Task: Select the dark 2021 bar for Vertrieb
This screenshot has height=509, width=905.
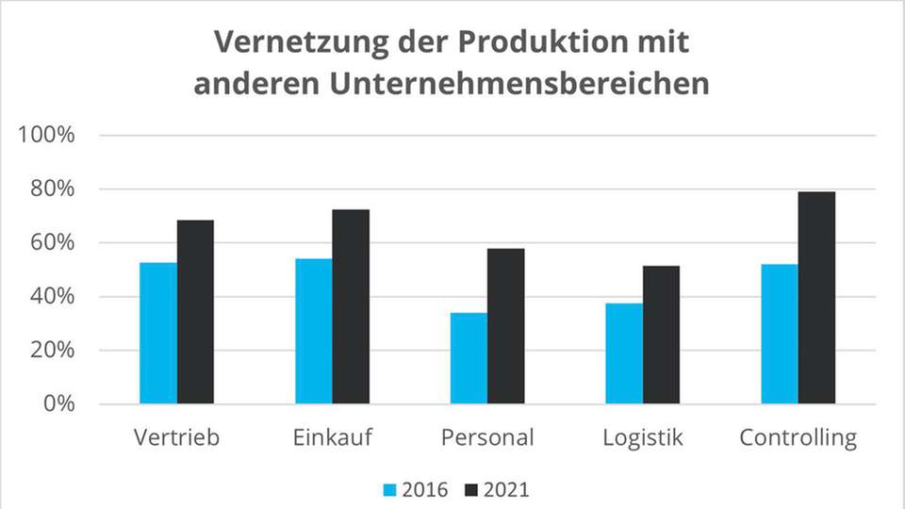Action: [195, 312]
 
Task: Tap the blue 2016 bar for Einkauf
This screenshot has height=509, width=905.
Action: [313, 331]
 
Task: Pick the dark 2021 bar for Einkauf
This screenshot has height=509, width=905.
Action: [351, 306]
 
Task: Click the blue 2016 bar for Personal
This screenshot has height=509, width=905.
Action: [469, 358]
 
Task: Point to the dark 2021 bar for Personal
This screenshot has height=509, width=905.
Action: [506, 326]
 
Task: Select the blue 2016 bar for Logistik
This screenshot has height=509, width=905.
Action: [624, 353]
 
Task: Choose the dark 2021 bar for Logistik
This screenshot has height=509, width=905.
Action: [661, 335]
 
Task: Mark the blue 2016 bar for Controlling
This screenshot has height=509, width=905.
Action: [779, 334]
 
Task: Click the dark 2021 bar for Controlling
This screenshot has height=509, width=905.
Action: [816, 298]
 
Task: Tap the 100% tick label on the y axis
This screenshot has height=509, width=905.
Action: [46, 135]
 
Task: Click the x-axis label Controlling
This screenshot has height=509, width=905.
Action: [798, 438]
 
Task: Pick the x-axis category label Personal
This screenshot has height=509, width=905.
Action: [487, 438]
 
